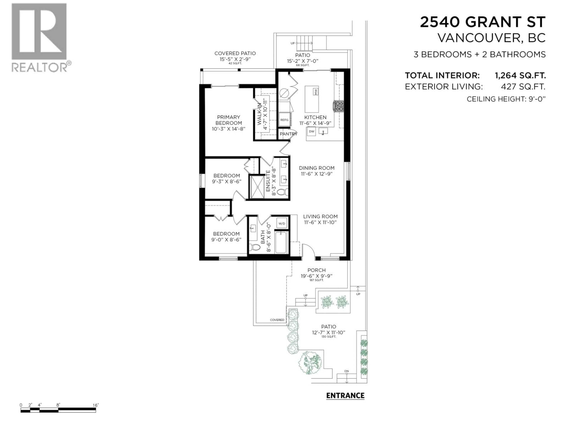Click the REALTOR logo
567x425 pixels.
(41, 37)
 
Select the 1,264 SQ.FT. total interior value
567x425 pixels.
(520, 76)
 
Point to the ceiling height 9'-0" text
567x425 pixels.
(506, 99)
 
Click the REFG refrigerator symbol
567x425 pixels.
(284, 120)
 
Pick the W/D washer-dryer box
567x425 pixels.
(282, 223)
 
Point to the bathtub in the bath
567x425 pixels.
(281, 242)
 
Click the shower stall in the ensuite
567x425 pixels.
(257, 187)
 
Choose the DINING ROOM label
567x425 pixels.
(317, 168)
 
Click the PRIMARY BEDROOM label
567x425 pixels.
(228, 120)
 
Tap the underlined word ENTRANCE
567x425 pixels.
(345, 396)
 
